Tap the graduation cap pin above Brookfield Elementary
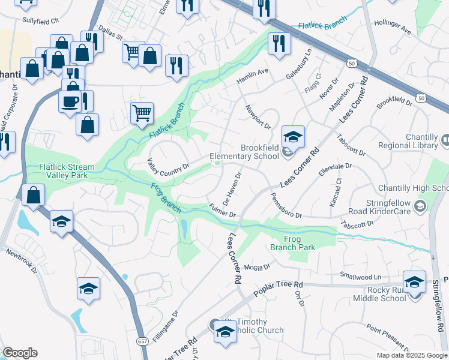click(293, 137)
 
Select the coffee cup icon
click(70, 100)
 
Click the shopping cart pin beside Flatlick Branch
click(142, 112)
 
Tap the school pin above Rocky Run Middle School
click(415, 281)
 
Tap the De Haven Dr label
click(231, 188)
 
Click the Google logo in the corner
click(20, 353)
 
